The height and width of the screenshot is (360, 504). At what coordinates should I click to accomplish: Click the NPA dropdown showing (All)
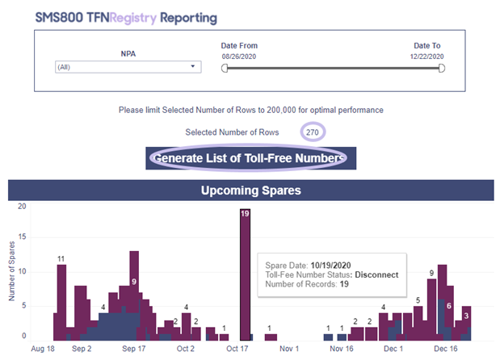(x=128, y=67)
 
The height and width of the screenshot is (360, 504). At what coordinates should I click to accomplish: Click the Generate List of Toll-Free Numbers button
(x=250, y=158)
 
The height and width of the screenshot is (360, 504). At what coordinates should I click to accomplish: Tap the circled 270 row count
(x=313, y=132)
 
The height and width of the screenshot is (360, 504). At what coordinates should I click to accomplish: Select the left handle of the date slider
(x=225, y=68)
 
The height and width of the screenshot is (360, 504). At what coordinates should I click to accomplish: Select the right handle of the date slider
(x=442, y=68)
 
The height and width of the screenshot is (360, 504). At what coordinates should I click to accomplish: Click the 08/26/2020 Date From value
(x=239, y=57)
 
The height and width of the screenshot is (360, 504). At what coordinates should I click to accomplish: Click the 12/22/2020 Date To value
(x=426, y=57)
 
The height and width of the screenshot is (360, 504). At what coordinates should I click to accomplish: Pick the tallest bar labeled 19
(x=245, y=274)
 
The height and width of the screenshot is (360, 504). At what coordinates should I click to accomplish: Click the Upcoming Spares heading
(x=251, y=190)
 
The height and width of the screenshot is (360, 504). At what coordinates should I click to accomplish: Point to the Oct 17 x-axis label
(x=237, y=349)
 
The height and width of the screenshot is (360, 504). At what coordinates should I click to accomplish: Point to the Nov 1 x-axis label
(x=289, y=349)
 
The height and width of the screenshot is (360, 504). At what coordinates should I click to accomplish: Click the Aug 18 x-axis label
(x=43, y=349)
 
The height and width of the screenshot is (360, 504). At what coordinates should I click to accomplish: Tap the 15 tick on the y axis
(x=22, y=237)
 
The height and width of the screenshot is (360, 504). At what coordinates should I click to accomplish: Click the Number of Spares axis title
(x=12, y=271)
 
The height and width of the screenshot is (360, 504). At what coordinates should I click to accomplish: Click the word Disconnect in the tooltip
(x=376, y=275)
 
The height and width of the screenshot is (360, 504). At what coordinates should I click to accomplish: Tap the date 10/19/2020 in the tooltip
(x=331, y=266)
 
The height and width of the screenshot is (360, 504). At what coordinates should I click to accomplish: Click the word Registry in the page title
(x=133, y=18)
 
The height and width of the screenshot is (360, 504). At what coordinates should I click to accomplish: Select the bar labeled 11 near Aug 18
(x=61, y=303)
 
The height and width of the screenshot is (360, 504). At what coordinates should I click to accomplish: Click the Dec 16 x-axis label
(x=446, y=349)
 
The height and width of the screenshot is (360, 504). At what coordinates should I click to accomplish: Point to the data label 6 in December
(x=449, y=306)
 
